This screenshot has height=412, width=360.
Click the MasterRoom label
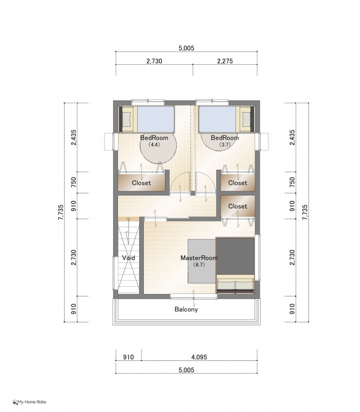coord(199,258)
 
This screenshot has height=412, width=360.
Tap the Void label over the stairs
coord(128,258)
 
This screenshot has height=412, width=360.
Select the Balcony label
coord(186,309)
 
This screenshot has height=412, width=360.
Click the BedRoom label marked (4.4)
coord(154,137)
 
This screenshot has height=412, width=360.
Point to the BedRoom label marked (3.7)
coord(225,137)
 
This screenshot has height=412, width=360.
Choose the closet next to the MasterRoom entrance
coord(238,206)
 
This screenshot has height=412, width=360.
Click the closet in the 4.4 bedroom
coord(141,182)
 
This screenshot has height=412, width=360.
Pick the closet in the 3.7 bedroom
coord(238,182)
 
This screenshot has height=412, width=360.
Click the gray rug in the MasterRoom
coord(202,261)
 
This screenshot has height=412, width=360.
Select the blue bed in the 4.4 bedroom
coord(156,119)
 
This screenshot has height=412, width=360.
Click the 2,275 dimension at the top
coord(225,61)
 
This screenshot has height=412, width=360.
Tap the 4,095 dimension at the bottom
coord(199,357)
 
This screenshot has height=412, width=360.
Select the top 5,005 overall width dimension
coord(186,48)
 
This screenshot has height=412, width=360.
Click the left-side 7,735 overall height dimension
coord(61,212)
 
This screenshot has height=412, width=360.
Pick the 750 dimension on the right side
coord(292,182)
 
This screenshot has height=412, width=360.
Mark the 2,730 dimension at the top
coord(154,61)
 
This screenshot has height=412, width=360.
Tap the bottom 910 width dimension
coord(128,357)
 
